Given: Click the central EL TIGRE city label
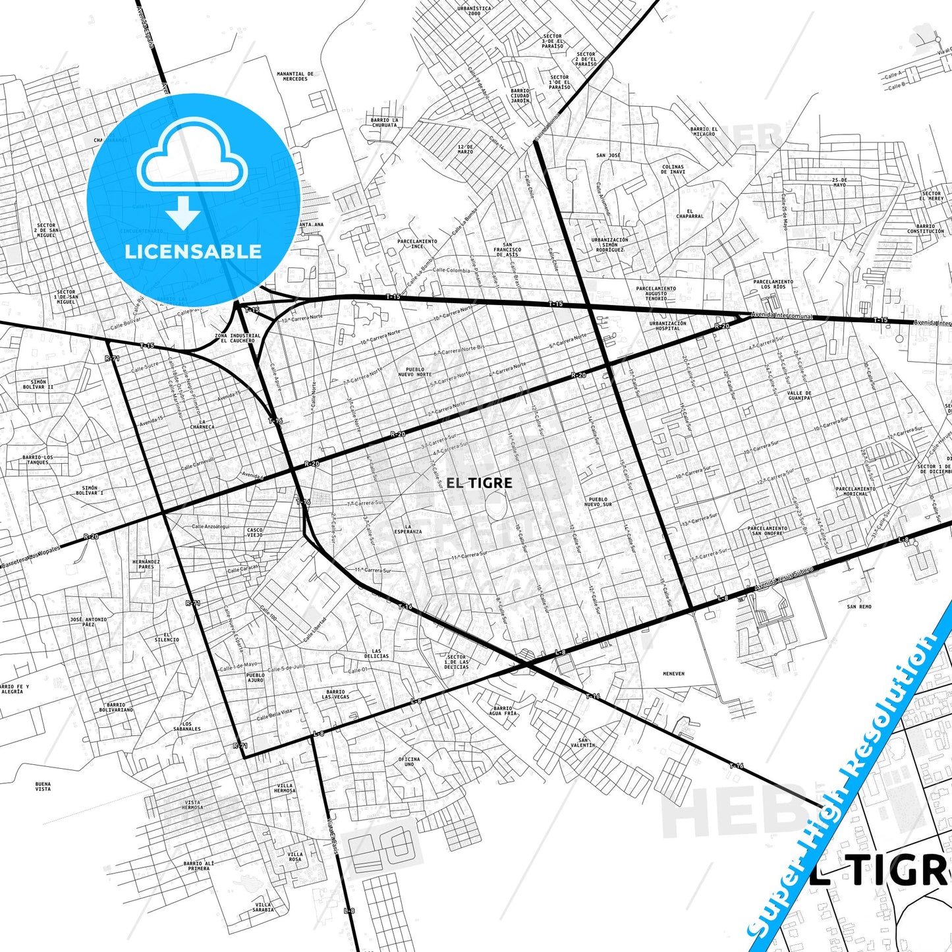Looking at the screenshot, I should [479, 483].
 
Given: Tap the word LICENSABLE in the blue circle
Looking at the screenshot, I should [193, 251].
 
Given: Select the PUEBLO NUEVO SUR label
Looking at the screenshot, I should [599, 501].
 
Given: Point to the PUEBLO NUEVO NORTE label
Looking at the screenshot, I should [415, 372].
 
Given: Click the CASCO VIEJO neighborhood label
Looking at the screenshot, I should [254, 532].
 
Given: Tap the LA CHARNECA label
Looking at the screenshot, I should [202, 424].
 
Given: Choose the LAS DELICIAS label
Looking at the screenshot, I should [376, 654].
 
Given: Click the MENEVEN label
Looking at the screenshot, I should [673, 674].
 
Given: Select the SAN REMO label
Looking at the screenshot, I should [859, 606].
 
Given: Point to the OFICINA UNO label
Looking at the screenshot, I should [409, 762].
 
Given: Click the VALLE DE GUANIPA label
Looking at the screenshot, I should [799, 395].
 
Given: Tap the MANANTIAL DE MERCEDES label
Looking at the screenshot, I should [295, 76].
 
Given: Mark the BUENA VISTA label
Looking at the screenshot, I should [43, 786].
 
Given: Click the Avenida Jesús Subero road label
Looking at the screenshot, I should [784, 578].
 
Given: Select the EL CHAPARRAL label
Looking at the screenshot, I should [690, 213].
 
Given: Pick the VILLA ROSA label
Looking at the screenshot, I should [295, 857].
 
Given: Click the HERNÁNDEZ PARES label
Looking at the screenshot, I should [146, 564].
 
